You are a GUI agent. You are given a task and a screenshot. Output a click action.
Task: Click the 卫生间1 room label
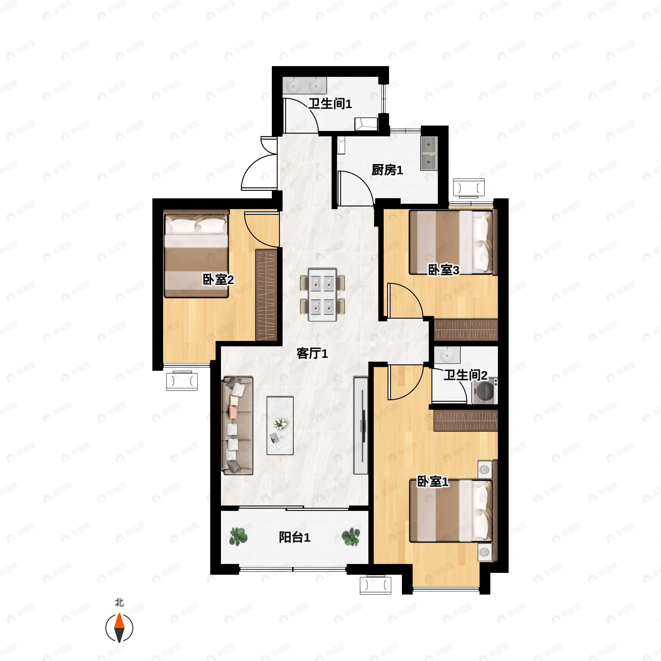(x=330, y=104)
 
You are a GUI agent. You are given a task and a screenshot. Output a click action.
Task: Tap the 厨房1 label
(x=387, y=170)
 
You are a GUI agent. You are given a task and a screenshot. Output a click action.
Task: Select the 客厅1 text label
(x=312, y=353)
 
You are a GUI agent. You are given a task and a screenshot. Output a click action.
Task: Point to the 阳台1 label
(x=294, y=538)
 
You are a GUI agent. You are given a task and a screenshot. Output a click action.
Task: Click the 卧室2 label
(x=218, y=280)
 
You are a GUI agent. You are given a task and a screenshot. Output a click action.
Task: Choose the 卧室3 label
(x=444, y=270)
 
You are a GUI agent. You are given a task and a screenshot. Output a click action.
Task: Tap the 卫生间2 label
(x=465, y=375)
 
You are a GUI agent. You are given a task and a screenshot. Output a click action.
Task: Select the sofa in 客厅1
(x=237, y=426)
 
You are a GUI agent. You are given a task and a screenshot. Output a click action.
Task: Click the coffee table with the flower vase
(x=280, y=426)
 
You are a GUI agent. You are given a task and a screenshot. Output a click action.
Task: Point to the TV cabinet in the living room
(x=361, y=426)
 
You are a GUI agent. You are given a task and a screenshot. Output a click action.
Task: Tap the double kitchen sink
(x=429, y=154)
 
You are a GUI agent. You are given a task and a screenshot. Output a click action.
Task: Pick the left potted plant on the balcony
(x=238, y=537)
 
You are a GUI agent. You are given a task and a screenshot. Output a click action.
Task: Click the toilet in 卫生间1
(x=366, y=123)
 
